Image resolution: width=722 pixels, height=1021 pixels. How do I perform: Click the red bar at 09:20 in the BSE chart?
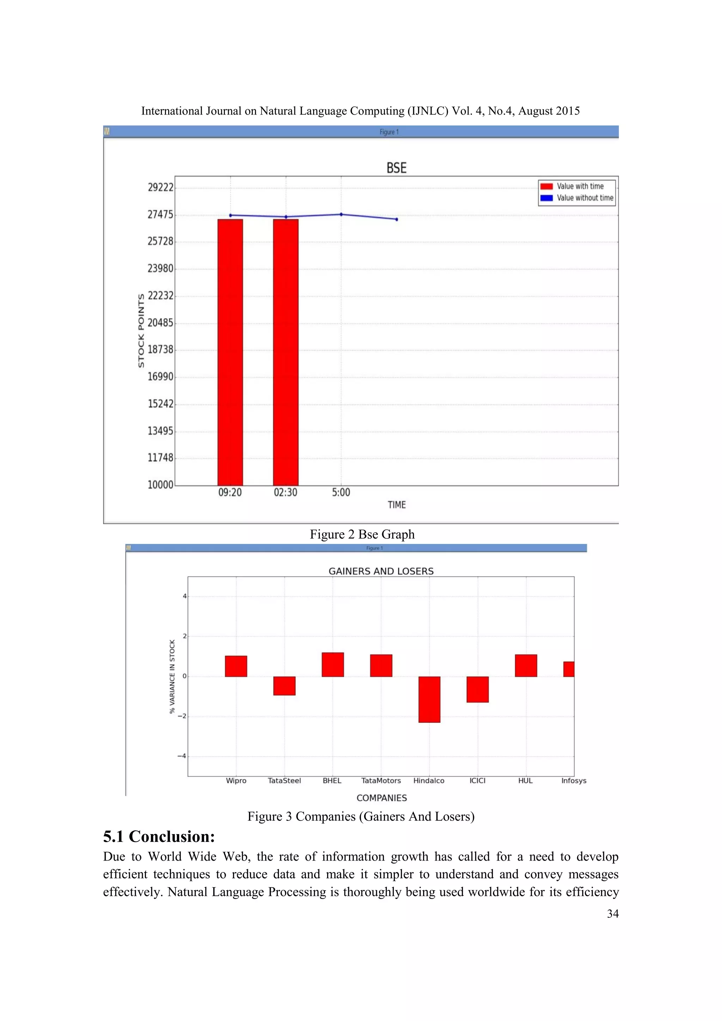pos(230,352)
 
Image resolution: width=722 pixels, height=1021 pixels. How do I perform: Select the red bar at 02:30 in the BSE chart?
pos(286,352)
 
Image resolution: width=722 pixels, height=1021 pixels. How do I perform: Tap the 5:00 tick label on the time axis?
pos(341,492)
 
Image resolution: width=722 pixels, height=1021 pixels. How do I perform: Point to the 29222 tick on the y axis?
pos(160,187)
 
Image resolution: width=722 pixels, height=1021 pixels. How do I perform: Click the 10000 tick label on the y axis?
pos(160,485)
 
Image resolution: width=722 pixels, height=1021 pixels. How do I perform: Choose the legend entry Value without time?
pos(585,198)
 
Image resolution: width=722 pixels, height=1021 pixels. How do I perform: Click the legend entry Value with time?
pos(580,186)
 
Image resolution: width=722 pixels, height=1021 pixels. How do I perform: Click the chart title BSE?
pos(396,168)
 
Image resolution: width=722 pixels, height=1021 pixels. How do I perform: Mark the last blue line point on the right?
pos(397,219)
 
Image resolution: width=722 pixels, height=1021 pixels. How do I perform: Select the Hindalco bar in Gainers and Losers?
pos(429,699)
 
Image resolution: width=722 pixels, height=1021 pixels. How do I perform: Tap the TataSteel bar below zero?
pos(284,686)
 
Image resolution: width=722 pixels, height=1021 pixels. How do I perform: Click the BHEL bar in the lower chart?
pos(332,664)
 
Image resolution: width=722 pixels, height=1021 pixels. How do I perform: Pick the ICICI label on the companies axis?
pos(477,781)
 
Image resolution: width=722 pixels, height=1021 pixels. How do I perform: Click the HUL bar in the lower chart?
pos(526,666)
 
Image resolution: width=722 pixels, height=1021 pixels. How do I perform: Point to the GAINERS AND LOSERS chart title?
pos(381,571)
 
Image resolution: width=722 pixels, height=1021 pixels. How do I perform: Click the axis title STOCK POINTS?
pos(141,330)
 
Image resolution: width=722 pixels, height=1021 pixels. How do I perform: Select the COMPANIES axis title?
pos(381,798)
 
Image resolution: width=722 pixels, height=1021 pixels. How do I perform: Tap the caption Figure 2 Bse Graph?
pos(362,534)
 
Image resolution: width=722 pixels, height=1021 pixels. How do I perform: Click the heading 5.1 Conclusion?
pos(159,837)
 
